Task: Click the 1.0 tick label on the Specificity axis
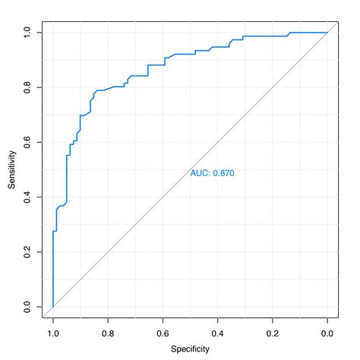coord(53,332)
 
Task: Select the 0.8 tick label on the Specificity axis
coord(108,332)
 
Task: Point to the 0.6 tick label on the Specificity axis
coord(163,332)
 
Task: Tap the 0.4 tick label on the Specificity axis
coord(218,332)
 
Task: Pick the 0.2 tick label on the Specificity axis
coord(273,332)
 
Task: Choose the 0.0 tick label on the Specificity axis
coord(327,332)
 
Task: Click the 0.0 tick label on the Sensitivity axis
coord(28,307)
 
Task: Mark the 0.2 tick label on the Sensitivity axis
coord(28,252)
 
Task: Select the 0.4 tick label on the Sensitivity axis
coord(28,197)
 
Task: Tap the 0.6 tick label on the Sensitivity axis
coord(28,142)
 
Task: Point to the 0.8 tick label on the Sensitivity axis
coord(28,87)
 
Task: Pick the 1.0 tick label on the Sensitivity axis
coord(28,33)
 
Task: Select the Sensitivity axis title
coord(11,169)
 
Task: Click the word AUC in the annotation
coord(200,173)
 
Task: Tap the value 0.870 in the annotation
coord(223,173)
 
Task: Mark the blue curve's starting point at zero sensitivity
coord(53,307)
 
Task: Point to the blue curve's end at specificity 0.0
coord(327,33)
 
